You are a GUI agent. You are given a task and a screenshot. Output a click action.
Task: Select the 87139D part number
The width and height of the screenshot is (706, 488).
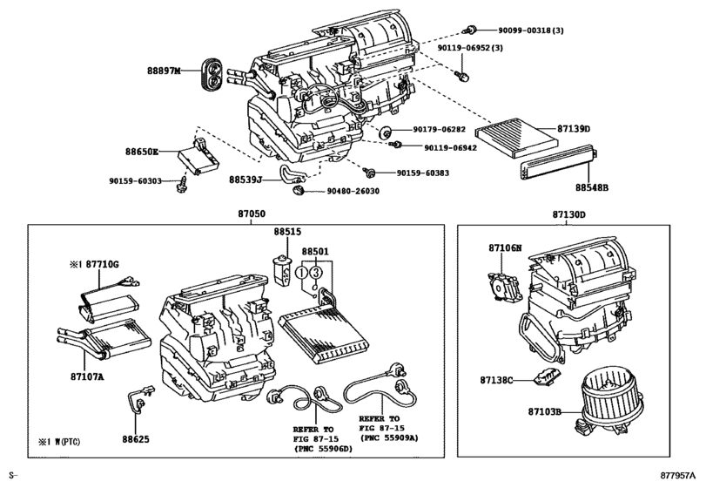tap(571, 129)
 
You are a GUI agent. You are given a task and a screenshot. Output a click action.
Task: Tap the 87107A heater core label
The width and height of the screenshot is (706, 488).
tap(86, 376)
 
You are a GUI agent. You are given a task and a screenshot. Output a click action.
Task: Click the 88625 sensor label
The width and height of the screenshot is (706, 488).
tap(137, 440)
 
